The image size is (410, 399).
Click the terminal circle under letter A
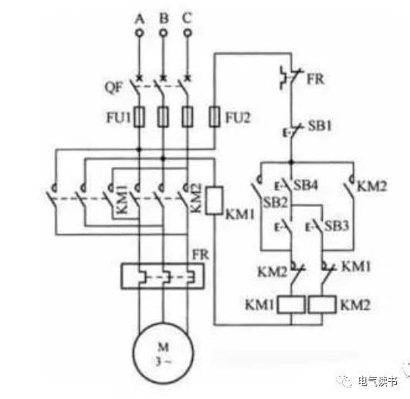click(139, 33)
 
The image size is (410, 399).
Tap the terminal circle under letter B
click(164, 33)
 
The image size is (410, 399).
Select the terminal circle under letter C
click(188, 33)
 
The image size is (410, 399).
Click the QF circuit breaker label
click(114, 87)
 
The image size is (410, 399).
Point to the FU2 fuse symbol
click(215, 117)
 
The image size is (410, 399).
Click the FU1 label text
click(118, 117)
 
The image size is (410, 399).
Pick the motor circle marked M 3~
click(163, 353)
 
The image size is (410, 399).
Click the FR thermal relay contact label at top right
click(315, 79)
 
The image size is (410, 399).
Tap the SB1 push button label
click(320, 126)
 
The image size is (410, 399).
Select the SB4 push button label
click(306, 185)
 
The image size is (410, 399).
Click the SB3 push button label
click(337, 225)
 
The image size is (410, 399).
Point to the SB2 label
click(276, 202)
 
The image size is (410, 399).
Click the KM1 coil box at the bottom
click(291, 304)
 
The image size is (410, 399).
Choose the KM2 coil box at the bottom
click(322, 304)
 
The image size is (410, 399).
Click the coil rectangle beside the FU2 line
click(214, 201)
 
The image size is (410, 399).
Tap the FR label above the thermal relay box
click(201, 255)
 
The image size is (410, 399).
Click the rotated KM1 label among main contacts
click(122, 199)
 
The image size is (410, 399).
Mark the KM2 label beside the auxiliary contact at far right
click(372, 186)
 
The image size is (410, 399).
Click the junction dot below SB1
click(291, 162)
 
